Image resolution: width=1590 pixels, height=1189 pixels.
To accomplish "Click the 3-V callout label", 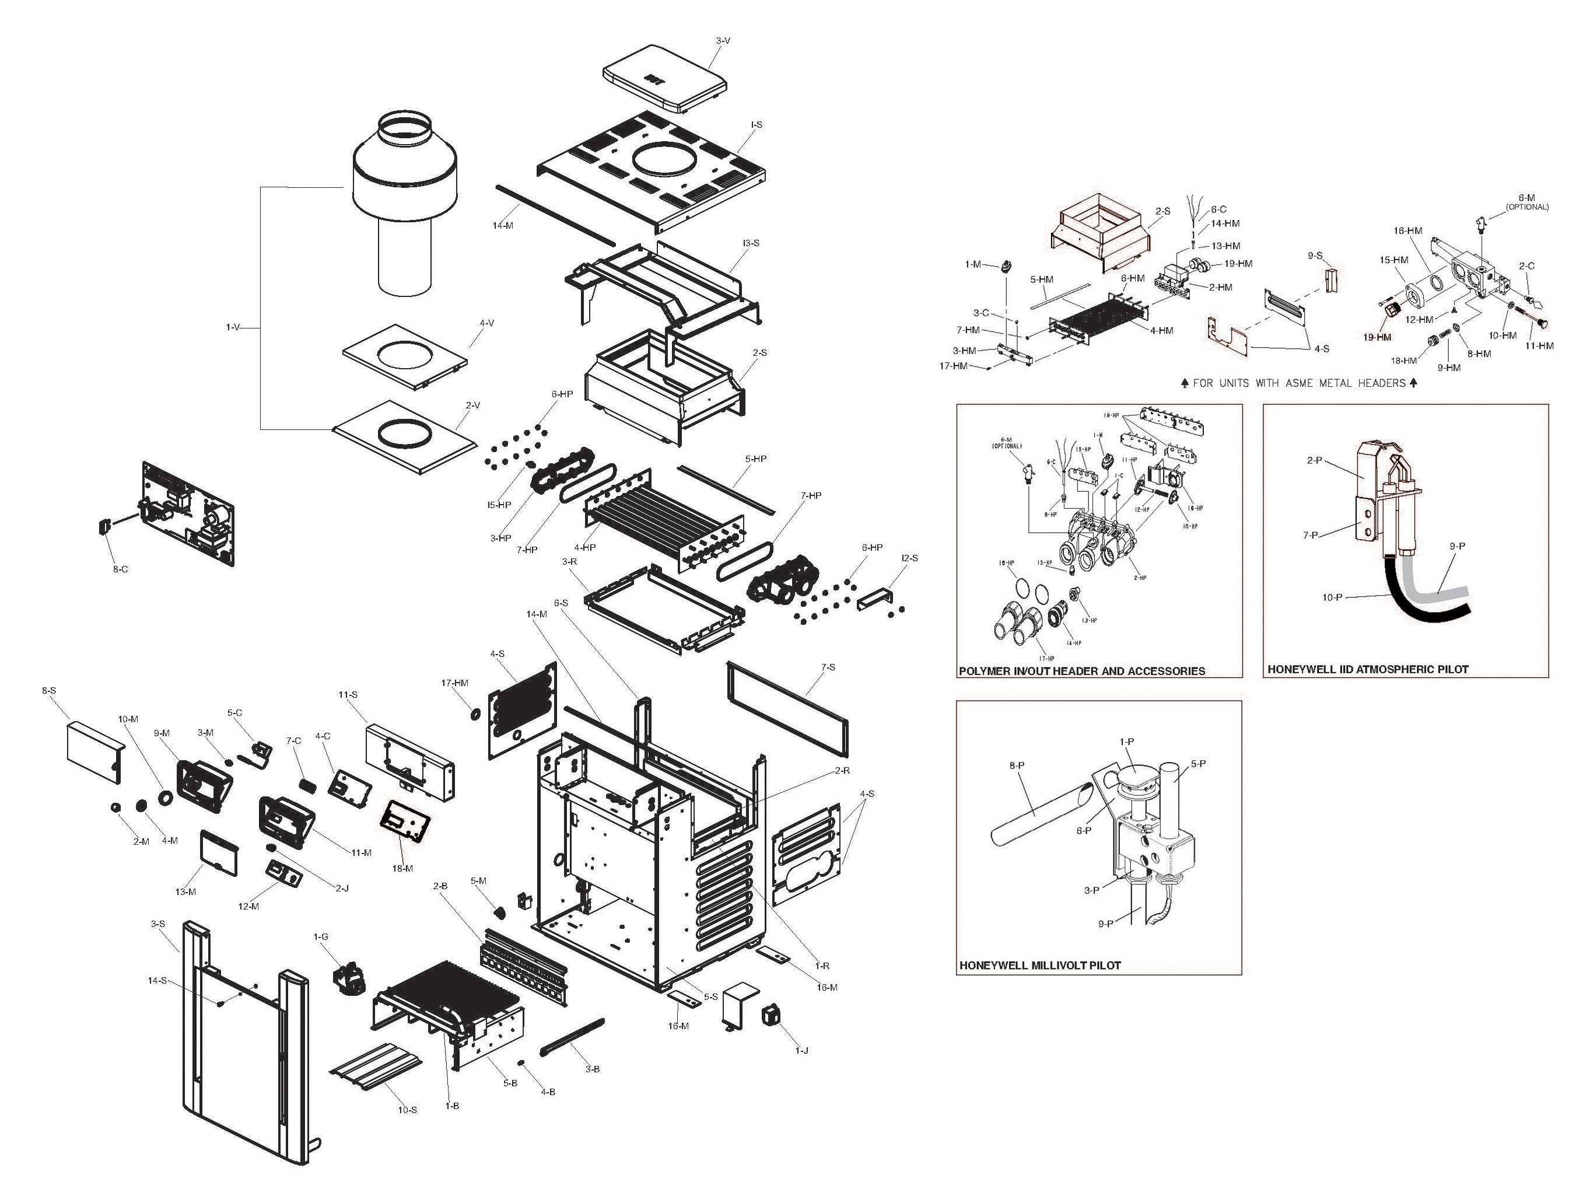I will tap(723, 41).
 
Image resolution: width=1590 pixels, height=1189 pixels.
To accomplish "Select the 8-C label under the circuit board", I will tap(120, 569).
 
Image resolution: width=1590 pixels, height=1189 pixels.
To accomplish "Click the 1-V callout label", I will tap(233, 327).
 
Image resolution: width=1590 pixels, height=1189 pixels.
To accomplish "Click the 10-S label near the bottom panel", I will tap(407, 1110).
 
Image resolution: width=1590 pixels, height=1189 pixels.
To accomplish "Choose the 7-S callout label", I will tap(828, 667).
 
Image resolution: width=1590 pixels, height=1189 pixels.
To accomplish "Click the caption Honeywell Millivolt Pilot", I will tap(1039, 966).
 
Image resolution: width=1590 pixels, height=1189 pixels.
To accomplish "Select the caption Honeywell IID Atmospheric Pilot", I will tap(1367, 669).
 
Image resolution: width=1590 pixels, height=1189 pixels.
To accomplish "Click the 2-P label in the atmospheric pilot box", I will tap(1314, 460).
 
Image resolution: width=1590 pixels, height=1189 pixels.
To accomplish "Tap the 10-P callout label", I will tap(1332, 597).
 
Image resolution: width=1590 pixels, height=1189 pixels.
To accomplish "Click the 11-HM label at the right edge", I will tap(1539, 346).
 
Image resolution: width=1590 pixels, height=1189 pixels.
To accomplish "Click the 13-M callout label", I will tap(185, 892).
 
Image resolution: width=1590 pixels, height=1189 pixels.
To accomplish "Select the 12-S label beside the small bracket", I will tap(909, 558).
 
